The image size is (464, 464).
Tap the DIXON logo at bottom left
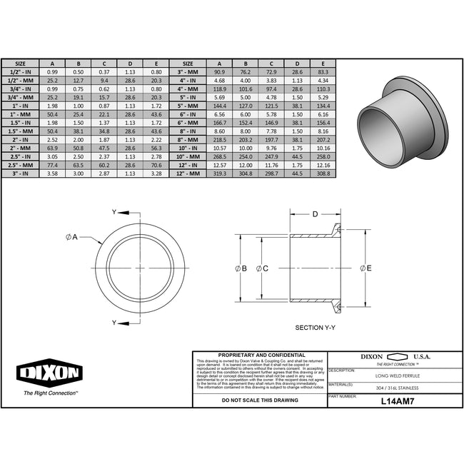pos(49,373)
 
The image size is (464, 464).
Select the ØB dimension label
pos(241,268)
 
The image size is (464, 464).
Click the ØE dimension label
pos(366,268)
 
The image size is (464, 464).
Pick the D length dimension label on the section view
pos(315,213)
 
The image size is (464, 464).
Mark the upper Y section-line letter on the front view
pos(114,213)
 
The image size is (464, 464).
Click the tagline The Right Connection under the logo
pos(51,393)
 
